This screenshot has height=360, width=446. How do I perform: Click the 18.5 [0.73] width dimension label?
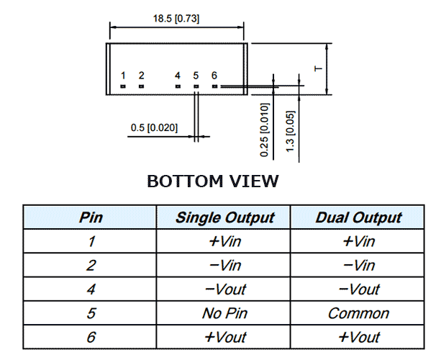[176, 19]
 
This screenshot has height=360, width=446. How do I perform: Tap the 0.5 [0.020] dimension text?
[154, 127]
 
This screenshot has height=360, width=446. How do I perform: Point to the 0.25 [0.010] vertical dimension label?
[264, 130]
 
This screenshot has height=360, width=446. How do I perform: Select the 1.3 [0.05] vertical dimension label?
[290, 131]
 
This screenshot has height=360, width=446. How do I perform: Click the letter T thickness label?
[319, 68]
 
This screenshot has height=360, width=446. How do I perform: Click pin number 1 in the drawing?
[123, 76]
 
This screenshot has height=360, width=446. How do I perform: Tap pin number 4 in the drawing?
[178, 76]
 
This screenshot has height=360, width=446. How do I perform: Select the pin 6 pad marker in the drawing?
[214, 86]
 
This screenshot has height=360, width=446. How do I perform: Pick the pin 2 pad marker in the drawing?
[141, 86]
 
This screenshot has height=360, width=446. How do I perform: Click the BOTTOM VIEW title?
[213, 181]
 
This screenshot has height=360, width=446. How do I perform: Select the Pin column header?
[91, 217]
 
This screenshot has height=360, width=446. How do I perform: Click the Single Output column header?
[225, 218]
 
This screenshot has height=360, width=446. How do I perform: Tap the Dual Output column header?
[358, 218]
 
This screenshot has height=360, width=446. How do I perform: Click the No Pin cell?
[224, 313]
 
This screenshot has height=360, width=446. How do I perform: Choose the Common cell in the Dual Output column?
[358, 314]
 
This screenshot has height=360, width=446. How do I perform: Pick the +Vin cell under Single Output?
[224, 242]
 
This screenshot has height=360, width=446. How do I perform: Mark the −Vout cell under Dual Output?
[359, 289]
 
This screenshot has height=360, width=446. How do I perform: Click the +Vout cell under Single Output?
[225, 338]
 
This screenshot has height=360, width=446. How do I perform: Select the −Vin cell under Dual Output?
[359, 266]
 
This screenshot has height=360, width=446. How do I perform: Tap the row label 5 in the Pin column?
[91, 314]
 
